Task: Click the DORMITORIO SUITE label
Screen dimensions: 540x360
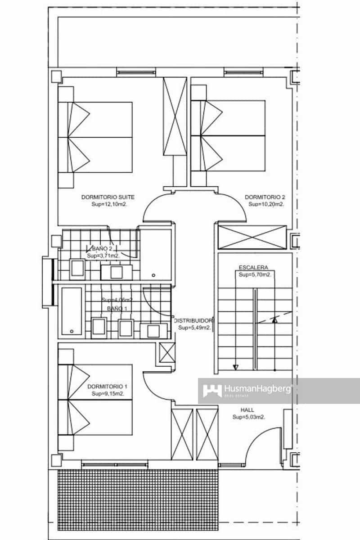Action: [x=108, y=197]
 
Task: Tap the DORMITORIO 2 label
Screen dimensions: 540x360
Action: [x=265, y=197]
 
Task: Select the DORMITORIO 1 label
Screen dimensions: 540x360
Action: [x=108, y=387]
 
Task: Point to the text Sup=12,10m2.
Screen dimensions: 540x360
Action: [x=108, y=204]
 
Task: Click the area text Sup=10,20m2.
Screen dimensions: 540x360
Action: [x=265, y=204]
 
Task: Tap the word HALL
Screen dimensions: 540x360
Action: [x=247, y=410]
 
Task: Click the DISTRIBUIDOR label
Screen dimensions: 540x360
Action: [x=194, y=320]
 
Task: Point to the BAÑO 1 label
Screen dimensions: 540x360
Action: [x=117, y=308]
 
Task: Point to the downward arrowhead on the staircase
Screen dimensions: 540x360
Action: [x=235, y=367]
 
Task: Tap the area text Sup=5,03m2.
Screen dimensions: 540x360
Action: [x=248, y=417]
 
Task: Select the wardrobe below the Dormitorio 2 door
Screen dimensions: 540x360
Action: [x=252, y=237]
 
